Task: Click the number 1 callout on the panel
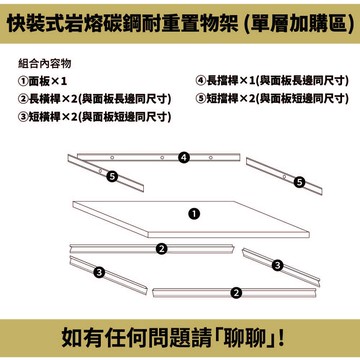coord(193,213)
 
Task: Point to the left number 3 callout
coord(99,271)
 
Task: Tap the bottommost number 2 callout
coord(236,292)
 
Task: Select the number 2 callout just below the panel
coord(161,247)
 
